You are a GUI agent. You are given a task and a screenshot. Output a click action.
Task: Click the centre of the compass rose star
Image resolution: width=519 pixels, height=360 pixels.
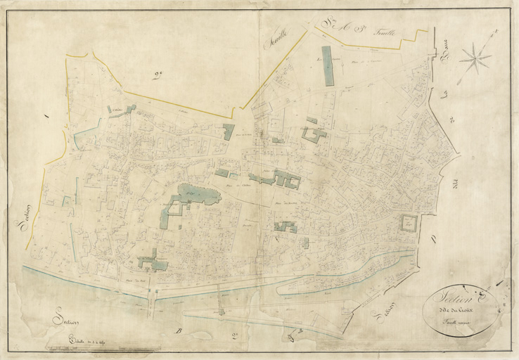tap(476, 58)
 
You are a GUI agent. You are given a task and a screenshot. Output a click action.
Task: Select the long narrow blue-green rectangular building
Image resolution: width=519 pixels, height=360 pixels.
tap(327, 66)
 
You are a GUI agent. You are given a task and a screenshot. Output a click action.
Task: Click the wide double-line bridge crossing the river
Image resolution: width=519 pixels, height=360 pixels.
tap(153, 295)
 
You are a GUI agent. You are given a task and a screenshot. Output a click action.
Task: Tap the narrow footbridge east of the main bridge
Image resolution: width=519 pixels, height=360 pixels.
tap(219, 299)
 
